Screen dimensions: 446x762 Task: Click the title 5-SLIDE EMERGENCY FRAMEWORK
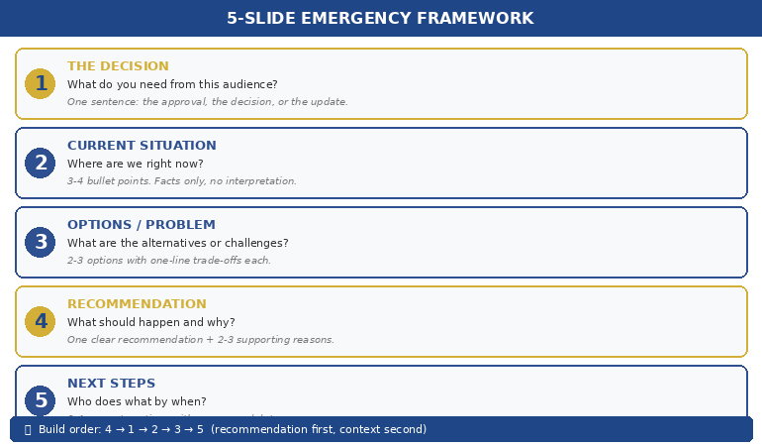(380, 18)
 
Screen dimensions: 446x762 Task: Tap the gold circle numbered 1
(41, 83)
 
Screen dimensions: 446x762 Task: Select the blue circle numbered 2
(41, 163)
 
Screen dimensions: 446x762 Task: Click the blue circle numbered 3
(41, 242)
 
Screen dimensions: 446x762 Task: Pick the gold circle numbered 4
(41, 321)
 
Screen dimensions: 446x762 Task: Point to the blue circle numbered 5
(41, 400)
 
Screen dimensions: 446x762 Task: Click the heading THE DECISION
(118, 66)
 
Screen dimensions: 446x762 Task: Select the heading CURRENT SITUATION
(142, 146)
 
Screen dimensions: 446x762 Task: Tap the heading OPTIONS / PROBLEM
(141, 225)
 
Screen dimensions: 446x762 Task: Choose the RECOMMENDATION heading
(137, 304)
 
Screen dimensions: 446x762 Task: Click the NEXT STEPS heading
(111, 384)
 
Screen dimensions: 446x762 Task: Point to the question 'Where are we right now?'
(135, 164)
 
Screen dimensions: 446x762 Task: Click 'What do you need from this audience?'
(172, 84)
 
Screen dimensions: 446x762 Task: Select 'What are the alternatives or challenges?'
(177, 243)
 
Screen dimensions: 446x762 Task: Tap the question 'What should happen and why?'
(150, 322)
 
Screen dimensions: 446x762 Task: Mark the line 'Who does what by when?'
(137, 401)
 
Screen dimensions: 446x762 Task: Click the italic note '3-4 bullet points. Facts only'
(181, 181)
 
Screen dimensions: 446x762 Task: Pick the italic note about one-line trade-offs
(168, 261)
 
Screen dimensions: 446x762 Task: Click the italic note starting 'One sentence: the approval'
(207, 102)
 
